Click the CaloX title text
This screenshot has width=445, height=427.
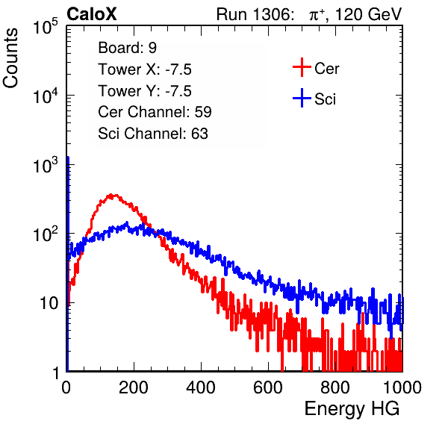point(92,14)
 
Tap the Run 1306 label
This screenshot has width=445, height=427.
point(255,14)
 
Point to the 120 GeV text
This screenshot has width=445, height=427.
point(369,14)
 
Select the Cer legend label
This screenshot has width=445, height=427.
point(326,69)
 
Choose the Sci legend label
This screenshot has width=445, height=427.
point(326,99)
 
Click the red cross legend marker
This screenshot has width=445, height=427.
point(302,67)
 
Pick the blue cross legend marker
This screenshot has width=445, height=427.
point(302,98)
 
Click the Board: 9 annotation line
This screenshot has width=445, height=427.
point(127,48)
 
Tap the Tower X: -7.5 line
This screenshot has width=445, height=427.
point(145,69)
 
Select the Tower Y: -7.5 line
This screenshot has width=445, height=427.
point(145,91)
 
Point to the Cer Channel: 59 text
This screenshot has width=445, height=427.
point(155,112)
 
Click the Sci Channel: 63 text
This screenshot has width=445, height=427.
point(153,134)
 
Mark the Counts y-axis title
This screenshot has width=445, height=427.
point(10,58)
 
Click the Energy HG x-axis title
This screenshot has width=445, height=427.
point(352,409)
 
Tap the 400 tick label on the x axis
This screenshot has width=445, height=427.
point(201,387)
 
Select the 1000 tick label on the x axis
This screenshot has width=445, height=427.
point(402,387)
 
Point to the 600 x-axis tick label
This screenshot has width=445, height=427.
point(268,387)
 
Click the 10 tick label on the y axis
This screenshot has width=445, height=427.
point(49,303)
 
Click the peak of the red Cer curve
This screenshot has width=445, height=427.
point(111,195)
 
